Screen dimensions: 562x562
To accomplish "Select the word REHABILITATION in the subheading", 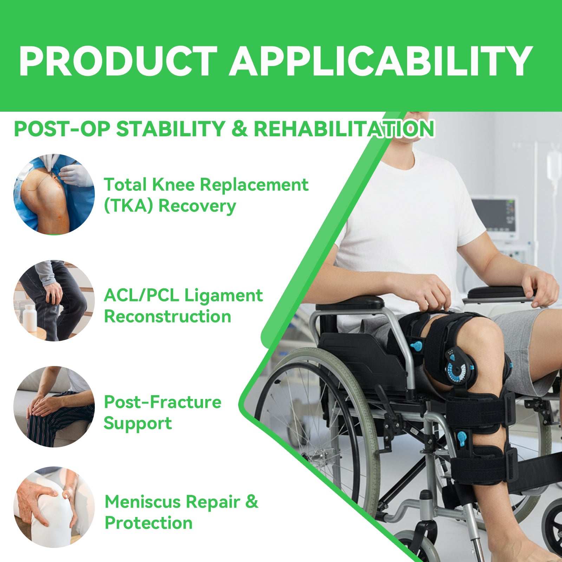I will click(x=344, y=129).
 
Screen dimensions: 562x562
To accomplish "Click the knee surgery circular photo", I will click(x=54, y=194).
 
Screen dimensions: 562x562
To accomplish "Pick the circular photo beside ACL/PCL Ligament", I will click(x=54, y=301).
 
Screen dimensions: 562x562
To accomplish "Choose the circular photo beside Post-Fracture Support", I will click(x=54, y=407).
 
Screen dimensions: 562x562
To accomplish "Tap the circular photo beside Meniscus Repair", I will click(x=54, y=507).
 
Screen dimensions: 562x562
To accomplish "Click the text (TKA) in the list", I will click(x=129, y=206).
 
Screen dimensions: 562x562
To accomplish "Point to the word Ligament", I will click(x=223, y=295).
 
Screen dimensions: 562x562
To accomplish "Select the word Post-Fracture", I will click(x=163, y=402).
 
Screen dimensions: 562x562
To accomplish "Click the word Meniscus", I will click(x=142, y=502).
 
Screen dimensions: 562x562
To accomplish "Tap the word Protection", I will click(x=149, y=523).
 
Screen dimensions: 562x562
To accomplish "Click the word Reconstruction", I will click(x=168, y=317).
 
